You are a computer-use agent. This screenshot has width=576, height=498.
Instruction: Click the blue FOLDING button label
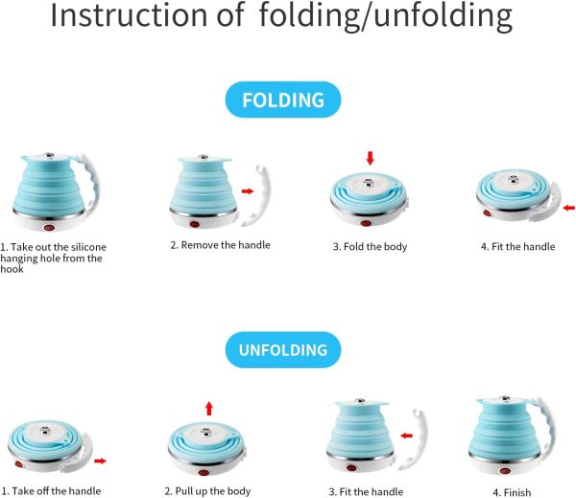(x=283, y=100)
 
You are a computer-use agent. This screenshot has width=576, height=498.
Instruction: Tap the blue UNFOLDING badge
(x=283, y=350)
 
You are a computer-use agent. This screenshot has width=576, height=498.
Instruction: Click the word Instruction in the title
(x=129, y=14)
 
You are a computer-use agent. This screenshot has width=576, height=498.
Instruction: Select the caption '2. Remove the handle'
(x=220, y=245)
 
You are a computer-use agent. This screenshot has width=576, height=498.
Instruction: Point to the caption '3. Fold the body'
(x=370, y=246)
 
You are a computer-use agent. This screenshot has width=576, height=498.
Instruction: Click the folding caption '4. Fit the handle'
(x=518, y=246)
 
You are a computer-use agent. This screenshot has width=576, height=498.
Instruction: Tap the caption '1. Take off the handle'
(x=51, y=491)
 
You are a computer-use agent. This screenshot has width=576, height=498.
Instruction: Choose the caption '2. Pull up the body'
(x=207, y=491)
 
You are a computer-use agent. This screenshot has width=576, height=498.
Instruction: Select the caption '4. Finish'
(x=512, y=492)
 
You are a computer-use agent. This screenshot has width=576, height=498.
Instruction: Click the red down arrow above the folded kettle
(x=370, y=158)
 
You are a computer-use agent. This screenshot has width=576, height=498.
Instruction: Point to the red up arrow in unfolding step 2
(x=209, y=409)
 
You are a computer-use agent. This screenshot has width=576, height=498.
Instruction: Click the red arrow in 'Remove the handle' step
(x=248, y=191)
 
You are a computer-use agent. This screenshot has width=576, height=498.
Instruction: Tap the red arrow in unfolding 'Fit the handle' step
(x=407, y=436)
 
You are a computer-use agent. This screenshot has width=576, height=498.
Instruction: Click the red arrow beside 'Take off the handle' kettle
(x=100, y=461)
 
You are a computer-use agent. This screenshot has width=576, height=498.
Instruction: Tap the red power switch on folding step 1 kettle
(x=49, y=227)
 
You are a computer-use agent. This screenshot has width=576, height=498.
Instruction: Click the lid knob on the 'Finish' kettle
(x=506, y=399)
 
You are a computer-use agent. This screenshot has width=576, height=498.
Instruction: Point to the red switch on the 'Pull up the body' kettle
(x=204, y=473)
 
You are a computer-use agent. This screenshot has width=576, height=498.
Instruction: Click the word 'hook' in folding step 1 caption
(x=12, y=269)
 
